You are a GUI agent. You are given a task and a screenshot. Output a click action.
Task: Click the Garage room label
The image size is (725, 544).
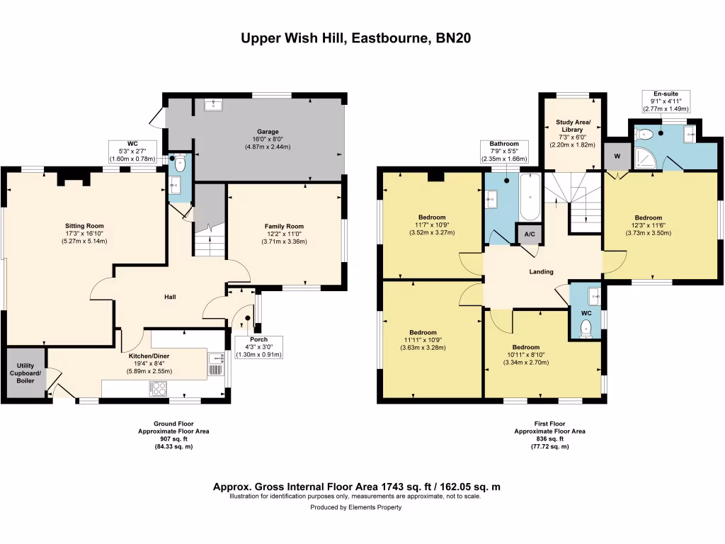coord(268,131)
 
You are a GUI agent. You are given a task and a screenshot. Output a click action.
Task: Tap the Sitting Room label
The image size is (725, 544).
coord(84,226)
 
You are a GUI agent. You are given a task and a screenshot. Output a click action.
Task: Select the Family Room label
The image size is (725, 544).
coord(284,226)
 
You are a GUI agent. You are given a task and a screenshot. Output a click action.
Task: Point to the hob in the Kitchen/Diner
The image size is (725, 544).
coord(158,389)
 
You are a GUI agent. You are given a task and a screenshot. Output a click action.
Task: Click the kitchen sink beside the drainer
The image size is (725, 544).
coord(215,358)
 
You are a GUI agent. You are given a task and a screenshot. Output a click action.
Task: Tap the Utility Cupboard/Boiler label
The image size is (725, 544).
coord(25,373)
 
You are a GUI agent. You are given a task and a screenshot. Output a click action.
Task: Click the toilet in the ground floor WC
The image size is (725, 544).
coord(179,164)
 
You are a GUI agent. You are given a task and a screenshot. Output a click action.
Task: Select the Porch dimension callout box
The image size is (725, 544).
coord(258,347)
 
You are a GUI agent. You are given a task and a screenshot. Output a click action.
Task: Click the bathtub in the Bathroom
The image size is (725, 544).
coord(530,198)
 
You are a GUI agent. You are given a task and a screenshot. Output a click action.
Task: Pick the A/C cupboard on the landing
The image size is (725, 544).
coord(530,234)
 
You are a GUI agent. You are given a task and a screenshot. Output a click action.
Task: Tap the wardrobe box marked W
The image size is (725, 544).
coord(617,157)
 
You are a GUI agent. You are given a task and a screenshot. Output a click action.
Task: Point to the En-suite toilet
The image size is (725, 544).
coord(644,135)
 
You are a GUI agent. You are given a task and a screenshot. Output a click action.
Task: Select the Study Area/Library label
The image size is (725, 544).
coord(573,126)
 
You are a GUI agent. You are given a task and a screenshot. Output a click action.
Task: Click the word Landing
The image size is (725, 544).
coord(541,271)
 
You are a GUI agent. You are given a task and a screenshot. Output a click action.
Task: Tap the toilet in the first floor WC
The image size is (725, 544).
coord(586,329)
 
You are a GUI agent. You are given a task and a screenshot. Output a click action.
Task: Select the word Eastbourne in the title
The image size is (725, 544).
coord(391,38)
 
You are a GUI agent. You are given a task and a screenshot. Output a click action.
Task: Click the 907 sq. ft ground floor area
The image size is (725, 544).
coord(173,438)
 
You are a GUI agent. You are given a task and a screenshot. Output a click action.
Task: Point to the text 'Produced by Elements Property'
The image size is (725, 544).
coord(355,507)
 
